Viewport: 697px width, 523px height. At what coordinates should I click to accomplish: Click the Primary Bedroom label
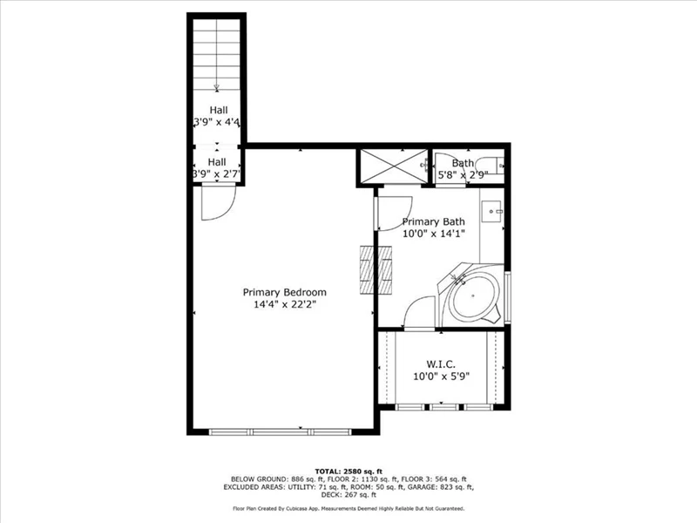click(x=285, y=293)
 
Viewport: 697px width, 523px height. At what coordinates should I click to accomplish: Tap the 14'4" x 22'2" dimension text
click(x=285, y=304)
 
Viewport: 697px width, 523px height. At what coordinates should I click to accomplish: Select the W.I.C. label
click(x=441, y=364)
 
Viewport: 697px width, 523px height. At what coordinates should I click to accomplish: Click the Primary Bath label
click(x=433, y=221)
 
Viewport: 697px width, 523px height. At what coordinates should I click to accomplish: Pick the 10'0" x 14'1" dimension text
click(x=433, y=234)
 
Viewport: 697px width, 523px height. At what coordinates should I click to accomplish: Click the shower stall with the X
click(x=394, y=166)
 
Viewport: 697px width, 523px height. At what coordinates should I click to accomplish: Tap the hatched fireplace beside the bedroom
click(x=376, y=269)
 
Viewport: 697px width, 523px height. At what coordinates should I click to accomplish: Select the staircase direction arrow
click(x=217, y=87)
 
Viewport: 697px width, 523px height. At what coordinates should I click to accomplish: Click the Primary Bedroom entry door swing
click(x=218, y=203)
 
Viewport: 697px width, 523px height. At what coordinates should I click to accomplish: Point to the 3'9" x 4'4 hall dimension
click(x=217, y=122)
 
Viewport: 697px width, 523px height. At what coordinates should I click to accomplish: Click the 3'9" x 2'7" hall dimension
click(x=217, y=173)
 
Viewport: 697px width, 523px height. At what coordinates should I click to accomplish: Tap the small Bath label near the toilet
click(x=463, y=163)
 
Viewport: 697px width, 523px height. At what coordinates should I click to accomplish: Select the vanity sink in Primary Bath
click(x=491, y=212)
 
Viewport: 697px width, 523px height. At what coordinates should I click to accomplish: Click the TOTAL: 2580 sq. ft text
click(x=348, y=472)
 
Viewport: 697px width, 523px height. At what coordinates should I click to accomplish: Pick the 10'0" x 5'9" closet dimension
click(x=441, y=377)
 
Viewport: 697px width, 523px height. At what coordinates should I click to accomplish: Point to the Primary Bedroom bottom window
click(x=280, y=431)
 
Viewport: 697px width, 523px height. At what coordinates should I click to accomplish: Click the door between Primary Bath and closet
click(x=418, y=313)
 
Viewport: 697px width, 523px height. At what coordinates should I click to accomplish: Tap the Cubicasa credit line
click(x=348, y=508)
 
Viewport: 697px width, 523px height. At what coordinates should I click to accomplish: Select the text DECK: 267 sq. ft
click(x=348, y=494)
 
